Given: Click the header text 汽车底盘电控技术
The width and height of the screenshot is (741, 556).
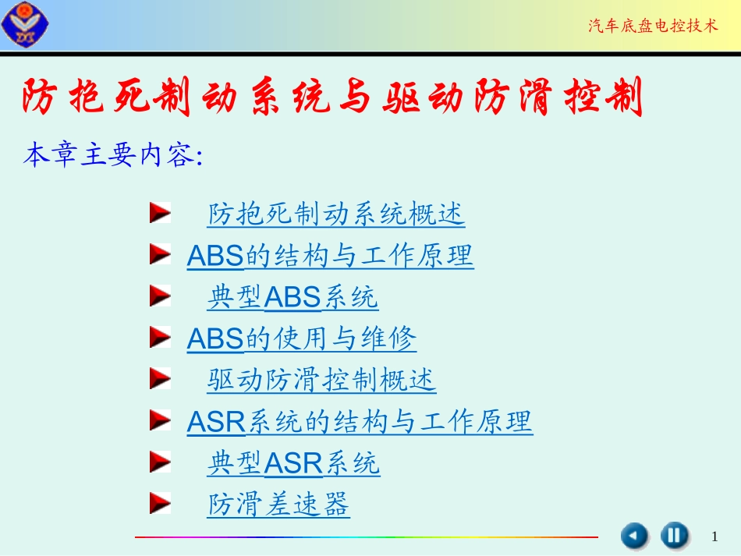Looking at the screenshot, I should coord(652,27).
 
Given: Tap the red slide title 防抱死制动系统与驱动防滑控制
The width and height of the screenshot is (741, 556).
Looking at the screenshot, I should coord(333,98).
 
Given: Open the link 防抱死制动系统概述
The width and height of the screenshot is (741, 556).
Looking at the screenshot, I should coord(336,214).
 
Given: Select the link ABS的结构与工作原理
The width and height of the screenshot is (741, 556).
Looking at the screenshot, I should coord(330,256).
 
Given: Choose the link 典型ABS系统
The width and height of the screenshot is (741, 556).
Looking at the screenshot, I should coord(292,297).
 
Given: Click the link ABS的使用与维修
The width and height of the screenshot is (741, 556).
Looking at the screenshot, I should coord(302,338).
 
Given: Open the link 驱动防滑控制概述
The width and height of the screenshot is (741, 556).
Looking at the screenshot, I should coord(321,381).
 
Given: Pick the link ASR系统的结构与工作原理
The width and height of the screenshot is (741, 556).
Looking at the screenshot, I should coord(360,422).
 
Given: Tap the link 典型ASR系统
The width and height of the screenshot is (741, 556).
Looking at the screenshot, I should coord(293,464).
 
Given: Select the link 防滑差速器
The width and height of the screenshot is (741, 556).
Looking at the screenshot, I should coord(278,505).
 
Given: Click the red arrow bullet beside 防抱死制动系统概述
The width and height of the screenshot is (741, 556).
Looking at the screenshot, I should coord(160,213).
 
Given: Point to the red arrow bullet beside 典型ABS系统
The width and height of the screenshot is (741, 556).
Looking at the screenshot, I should coord(160,296).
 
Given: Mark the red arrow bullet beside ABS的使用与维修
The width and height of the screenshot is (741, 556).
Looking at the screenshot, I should coord(160,338).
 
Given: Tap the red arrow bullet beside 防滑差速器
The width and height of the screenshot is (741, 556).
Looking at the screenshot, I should coord(160,505).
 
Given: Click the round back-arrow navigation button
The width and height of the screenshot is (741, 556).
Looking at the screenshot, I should coord(634,536).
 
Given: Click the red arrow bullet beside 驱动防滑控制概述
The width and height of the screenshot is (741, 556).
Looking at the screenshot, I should coord(160,380).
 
